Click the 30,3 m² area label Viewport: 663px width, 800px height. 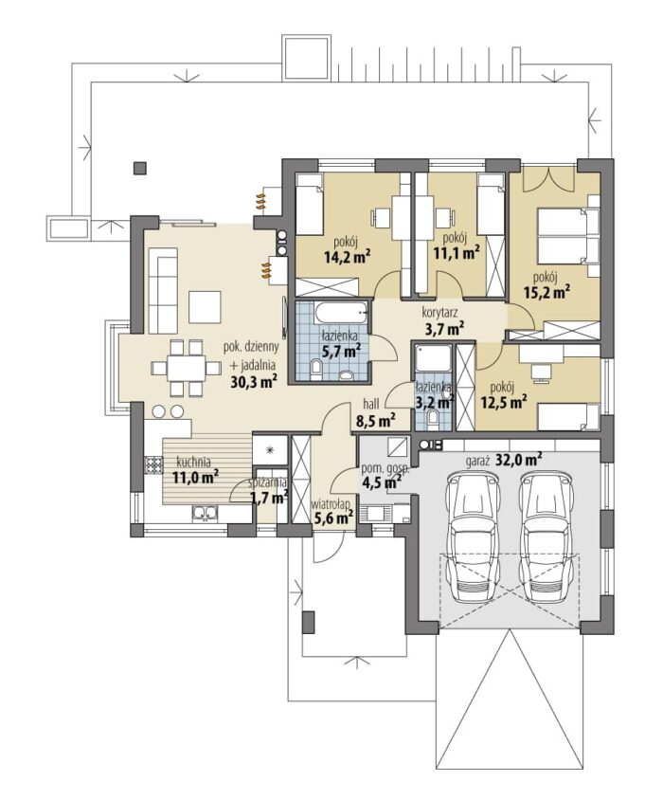(x=254, y=381)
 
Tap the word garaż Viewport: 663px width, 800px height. (x=479, y=460)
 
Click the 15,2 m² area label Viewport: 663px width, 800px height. (x=547, y=292)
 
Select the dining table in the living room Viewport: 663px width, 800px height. (x=187, y=368)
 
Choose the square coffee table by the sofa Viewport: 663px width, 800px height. (x=205, y=306)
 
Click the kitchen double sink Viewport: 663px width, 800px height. (x=205, y=513)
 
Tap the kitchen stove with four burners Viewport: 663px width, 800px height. (x=152, y=464)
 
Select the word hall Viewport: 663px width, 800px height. (x=371, y=404)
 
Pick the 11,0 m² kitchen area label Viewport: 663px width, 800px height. (x=195, y=477)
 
